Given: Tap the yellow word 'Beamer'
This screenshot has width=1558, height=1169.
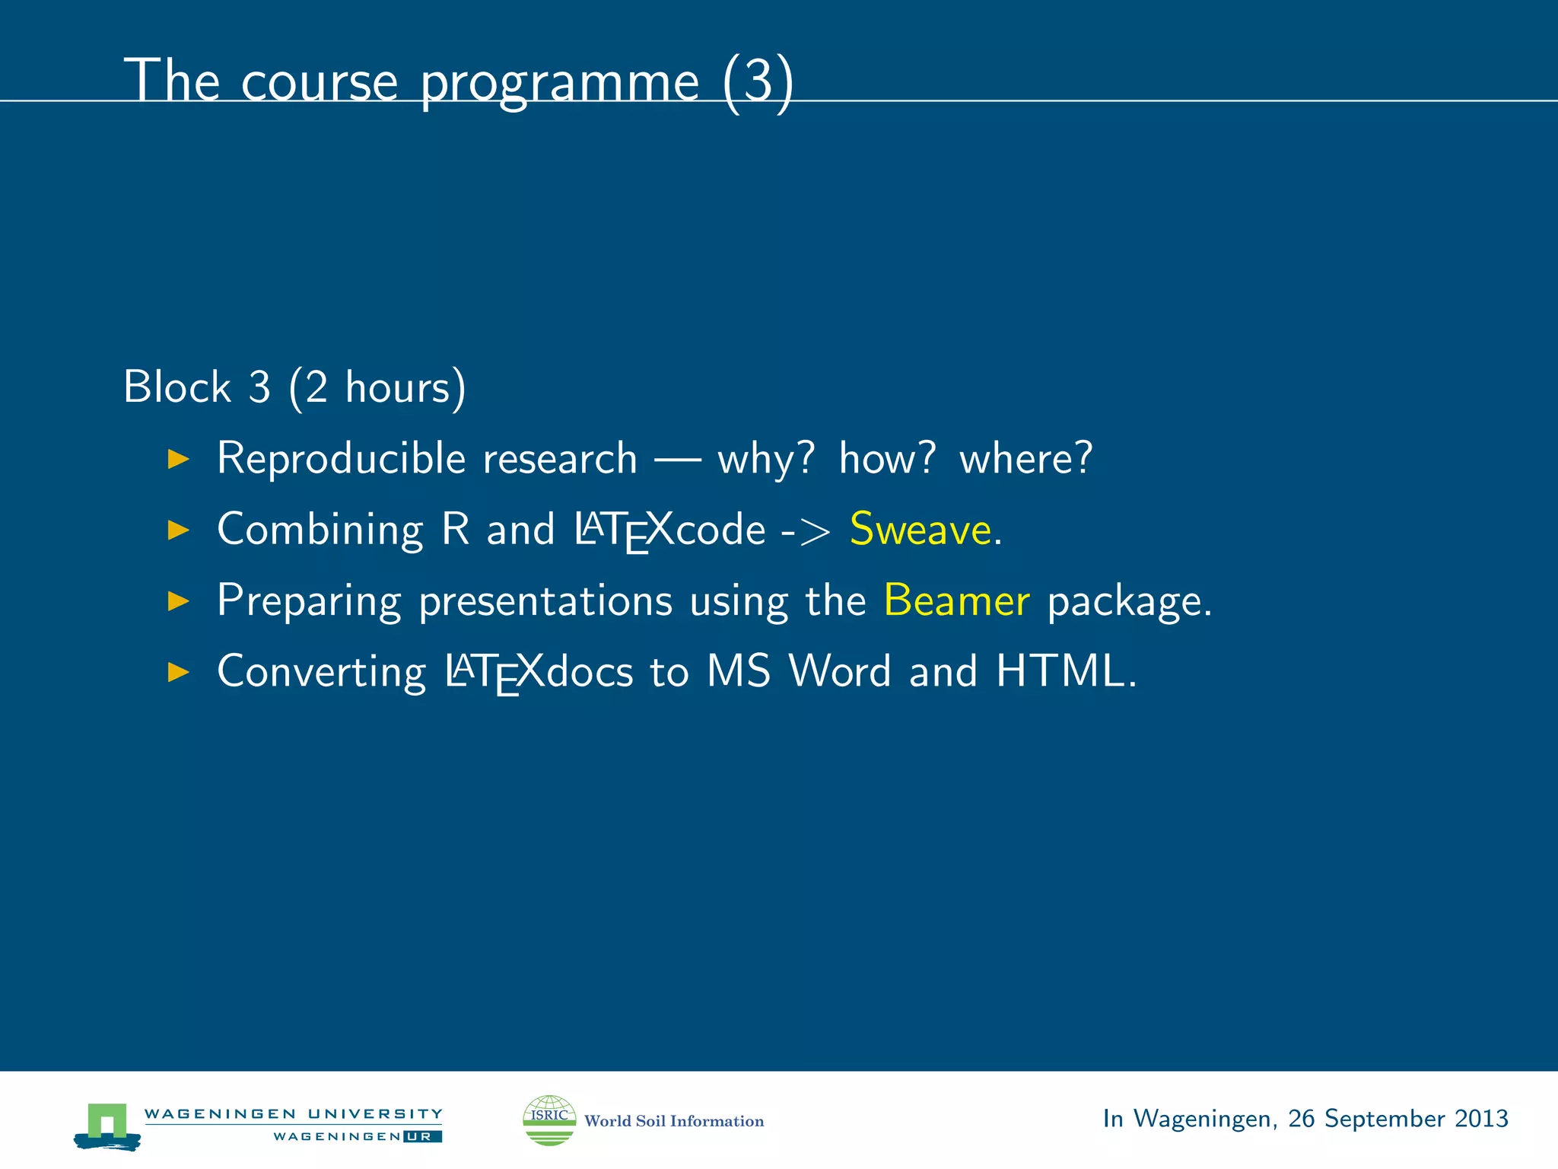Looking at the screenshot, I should (x=956, y=600).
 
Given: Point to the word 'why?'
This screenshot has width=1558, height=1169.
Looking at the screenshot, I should (x=765, y=458).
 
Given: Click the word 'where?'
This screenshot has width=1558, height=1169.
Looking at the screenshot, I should (x=1025, y=458).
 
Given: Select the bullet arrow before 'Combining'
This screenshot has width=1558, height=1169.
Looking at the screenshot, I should (x=178, y=530).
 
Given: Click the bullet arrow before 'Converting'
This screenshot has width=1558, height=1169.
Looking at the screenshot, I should (x=178, y=671).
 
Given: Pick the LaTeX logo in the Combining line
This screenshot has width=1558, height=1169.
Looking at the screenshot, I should (x=624, y=530).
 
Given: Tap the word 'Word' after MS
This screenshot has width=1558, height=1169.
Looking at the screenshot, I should (x=839, y=671).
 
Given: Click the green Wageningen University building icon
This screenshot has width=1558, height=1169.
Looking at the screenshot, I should (x=107, y=1125).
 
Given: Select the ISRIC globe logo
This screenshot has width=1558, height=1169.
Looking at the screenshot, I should (x=549, y=1120).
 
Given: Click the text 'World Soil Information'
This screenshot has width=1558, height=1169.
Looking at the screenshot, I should (x=673, y=1121).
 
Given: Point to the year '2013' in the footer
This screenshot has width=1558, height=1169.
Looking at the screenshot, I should (x=1480, y=1118).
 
